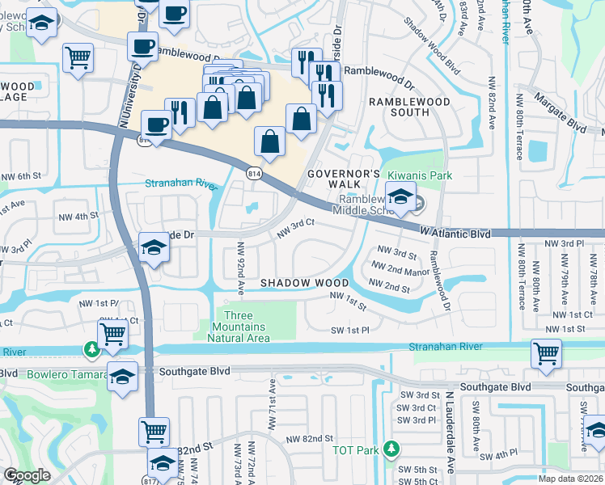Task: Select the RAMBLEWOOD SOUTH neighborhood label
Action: [x=399, y=107]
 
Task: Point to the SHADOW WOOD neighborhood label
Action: [x=304, y=283]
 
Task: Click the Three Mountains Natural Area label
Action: [x=238, y=327]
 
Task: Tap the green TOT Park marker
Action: [x=392, y=448]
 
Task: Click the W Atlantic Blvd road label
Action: [x=455, y=233]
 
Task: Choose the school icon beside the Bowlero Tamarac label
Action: [x=122, y=377]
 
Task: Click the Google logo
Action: [x=27, y=475]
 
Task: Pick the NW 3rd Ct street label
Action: [x=295, y=230]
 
